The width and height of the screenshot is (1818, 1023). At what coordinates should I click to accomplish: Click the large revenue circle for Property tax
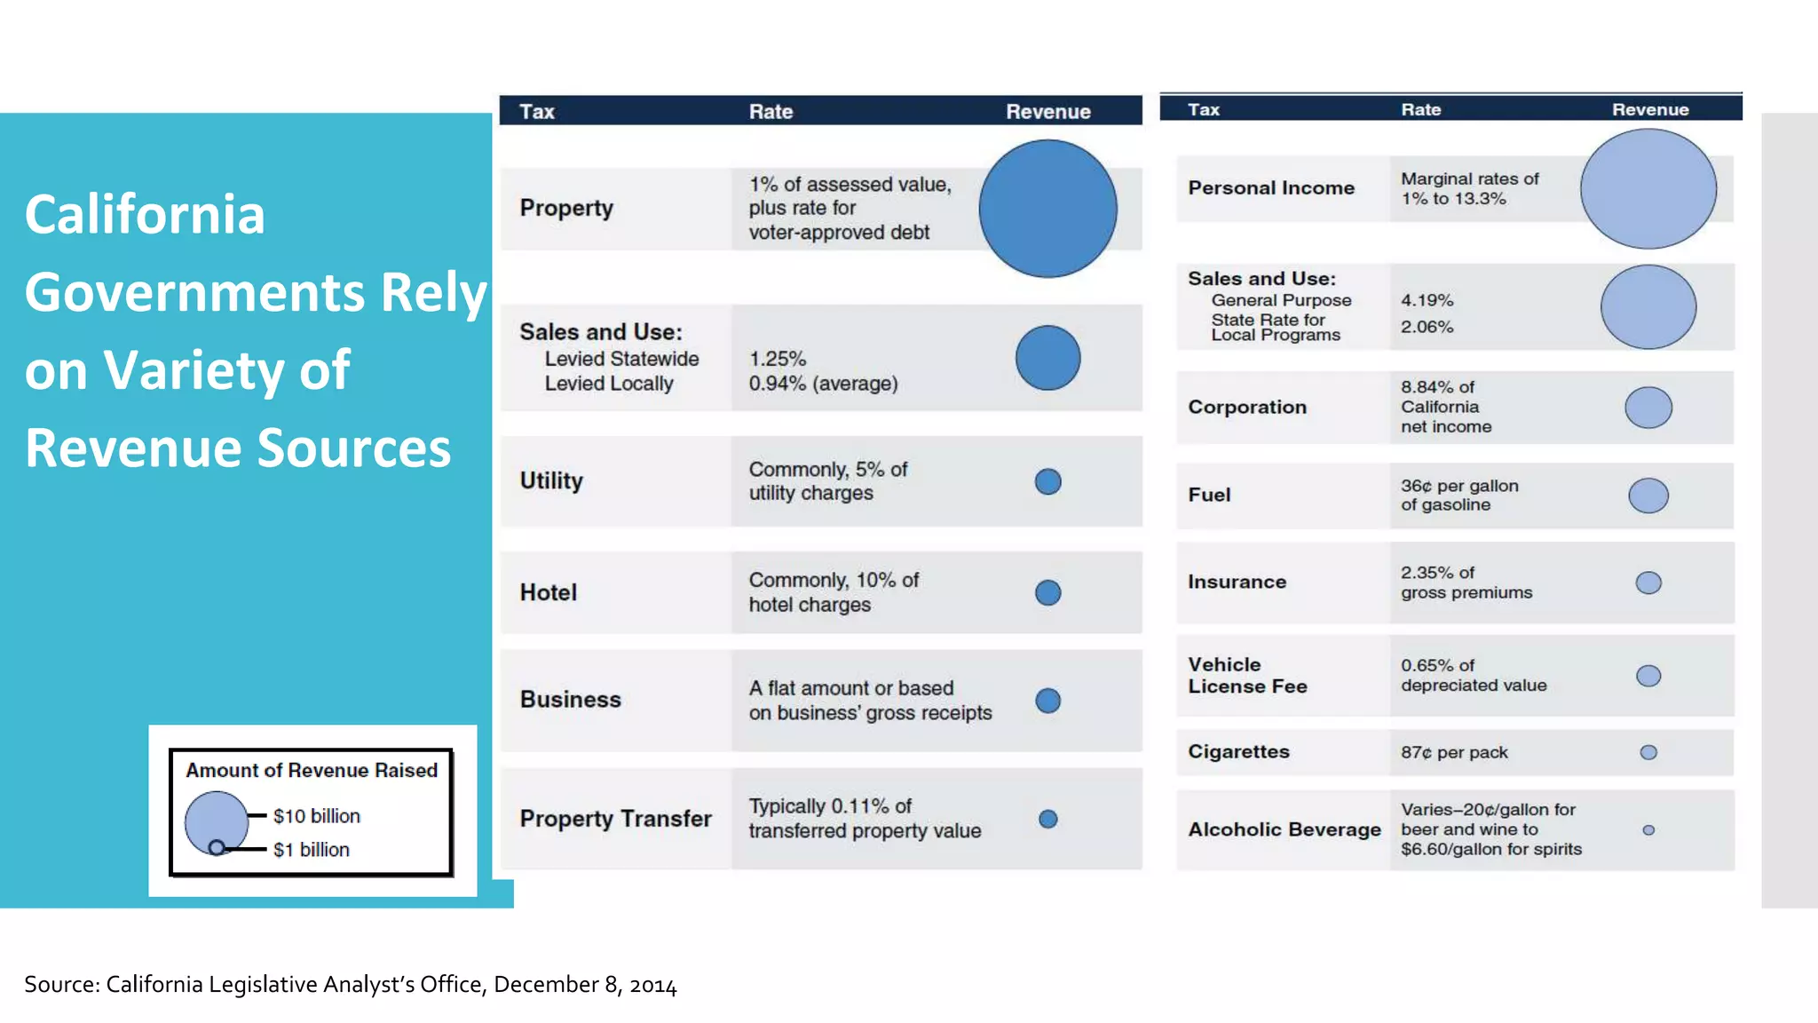[1047, 209]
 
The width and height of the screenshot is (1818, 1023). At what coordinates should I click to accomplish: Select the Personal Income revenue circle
[1648, 188]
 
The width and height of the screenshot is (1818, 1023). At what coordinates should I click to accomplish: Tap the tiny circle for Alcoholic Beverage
[1648, 830]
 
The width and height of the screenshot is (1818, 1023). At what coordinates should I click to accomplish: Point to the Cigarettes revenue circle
[1648, 752]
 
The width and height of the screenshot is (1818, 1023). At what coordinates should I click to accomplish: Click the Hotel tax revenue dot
[1047, 592]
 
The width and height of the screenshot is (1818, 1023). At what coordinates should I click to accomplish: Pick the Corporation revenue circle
[1648, 408]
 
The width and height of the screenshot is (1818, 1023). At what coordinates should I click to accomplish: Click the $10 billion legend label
[316, 816]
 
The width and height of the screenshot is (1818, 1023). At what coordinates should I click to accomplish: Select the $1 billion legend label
[311, 850]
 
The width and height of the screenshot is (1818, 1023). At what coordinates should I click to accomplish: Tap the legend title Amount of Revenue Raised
[312, 770]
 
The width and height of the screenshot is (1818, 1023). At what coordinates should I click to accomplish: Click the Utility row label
[551, 480]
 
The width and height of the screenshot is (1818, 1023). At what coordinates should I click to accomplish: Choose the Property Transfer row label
[615, 818]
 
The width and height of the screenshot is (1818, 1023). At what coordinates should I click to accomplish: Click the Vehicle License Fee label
[1247, 675]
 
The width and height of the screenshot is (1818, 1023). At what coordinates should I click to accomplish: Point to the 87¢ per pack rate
[1454, 752]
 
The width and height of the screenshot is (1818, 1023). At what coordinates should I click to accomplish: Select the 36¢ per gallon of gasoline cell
[1459, 495]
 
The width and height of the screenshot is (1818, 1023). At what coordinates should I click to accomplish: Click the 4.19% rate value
[1427, 300]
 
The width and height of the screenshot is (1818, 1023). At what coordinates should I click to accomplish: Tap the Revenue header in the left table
[1047, 112]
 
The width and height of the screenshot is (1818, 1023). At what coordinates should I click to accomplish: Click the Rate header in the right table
[1420, 109]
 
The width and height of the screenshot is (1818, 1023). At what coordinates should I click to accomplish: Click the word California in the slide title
[145, 214]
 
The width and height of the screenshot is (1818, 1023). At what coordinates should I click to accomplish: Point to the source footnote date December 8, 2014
[585, 984]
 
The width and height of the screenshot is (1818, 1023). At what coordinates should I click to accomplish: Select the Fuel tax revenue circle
[1648, 496]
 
